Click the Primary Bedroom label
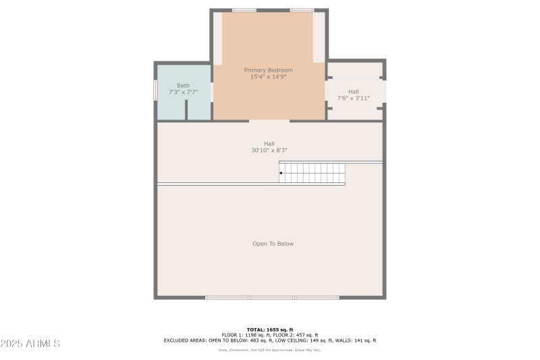(x=268, y=70)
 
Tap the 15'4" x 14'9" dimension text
(x=268, y=77)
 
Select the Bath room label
(x=183, y=85)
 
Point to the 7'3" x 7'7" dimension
(x=183, y=92)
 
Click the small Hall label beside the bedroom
(x=353, y=91)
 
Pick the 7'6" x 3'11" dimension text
(x=353, y=99)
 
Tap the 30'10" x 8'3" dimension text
(x=269, y=150)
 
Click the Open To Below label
(x=273, y=244)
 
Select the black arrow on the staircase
(x=281, y=174)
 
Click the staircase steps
(x=314, y=173)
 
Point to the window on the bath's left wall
(x=155, y=91)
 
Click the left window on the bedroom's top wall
(x=244, y=10)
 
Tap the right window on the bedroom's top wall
(x=302, y=10)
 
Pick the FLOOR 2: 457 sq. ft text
(x=294, y=335)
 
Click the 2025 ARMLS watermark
(x=30, y=344)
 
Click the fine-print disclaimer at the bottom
(x=269, y=350)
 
